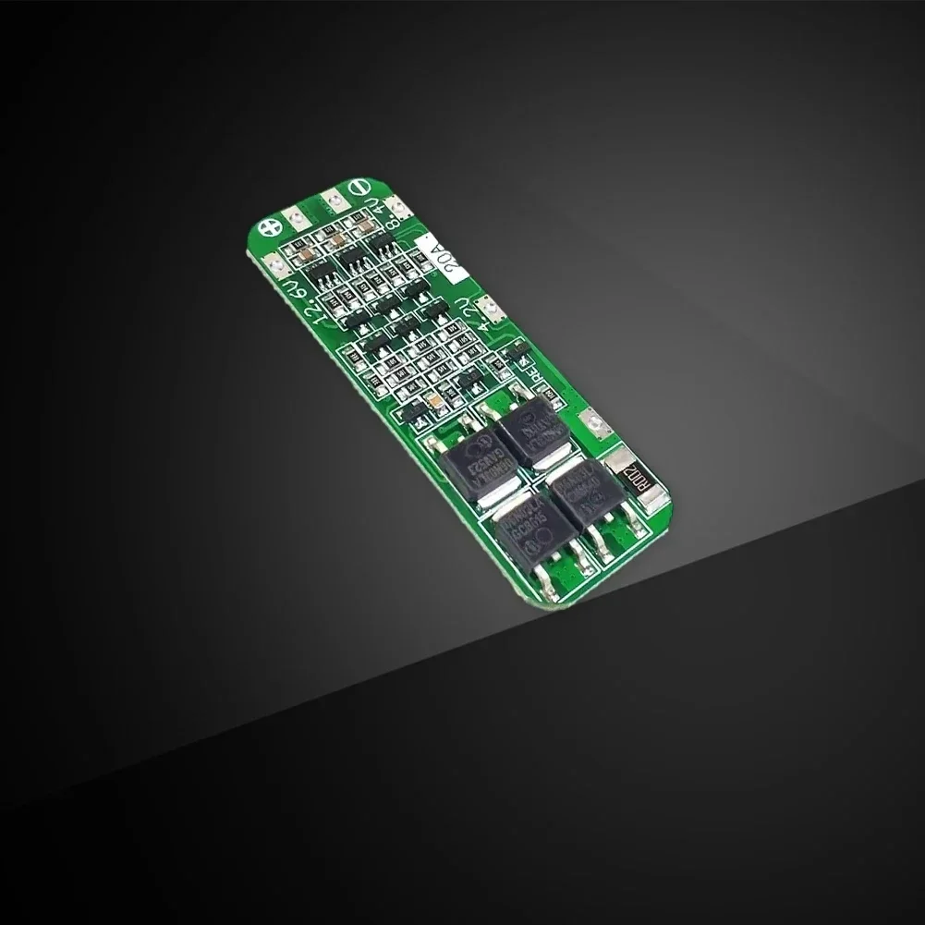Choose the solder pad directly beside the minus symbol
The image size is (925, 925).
coord(331,201)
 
